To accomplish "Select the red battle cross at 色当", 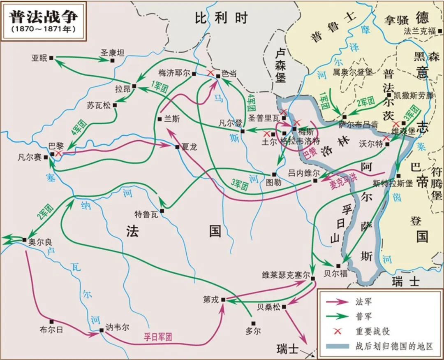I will [210, 73].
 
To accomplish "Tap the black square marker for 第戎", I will [223, 300].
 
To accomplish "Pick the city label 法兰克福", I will [419, 31].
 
